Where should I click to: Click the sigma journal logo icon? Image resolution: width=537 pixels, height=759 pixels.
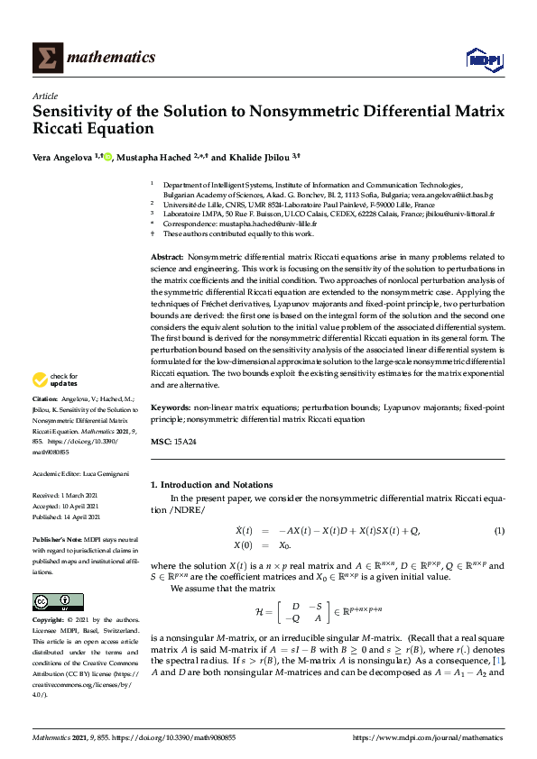point(46,58)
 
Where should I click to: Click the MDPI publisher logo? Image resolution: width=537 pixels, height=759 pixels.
point(483,59)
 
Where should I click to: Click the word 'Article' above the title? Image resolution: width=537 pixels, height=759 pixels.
point(44,96)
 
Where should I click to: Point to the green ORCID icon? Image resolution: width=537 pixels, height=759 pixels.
point(107,156)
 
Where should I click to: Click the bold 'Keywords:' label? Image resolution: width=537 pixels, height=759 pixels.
point(170,408)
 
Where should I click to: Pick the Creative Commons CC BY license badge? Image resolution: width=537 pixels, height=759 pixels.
point(58,602)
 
